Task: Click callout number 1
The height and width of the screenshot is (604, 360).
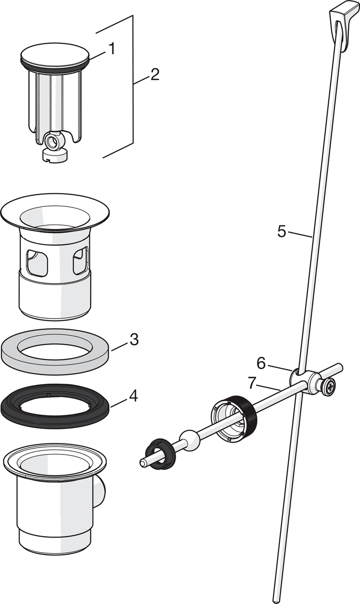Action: [111, 49]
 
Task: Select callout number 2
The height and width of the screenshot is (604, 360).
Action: [154, 74]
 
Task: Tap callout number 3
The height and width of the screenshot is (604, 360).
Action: [133, 339]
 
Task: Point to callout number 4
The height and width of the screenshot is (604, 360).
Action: [133, 396]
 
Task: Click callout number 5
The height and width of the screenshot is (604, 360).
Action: [282, 232]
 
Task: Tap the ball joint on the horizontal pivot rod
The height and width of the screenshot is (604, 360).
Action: [190, 439]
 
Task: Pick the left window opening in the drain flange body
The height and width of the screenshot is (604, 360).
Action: [37, 263]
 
